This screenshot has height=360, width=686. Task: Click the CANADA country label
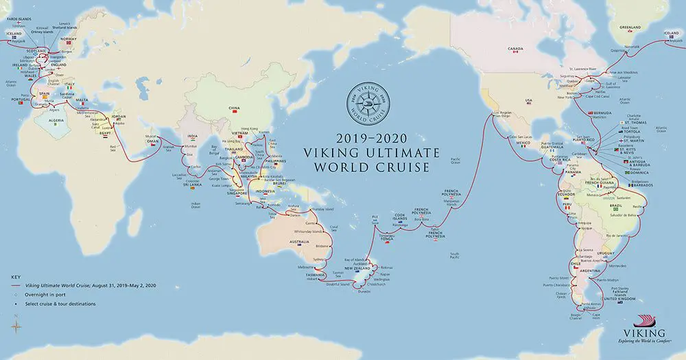516,49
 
